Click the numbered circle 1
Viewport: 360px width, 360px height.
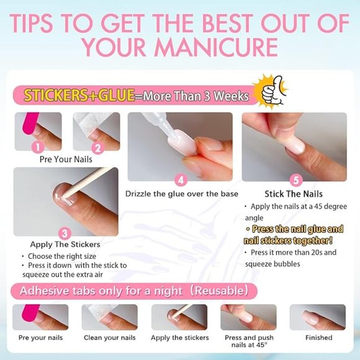coord(38,147)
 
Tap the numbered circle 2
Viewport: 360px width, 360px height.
coord(97,148)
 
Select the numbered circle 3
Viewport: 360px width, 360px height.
coord(65,233)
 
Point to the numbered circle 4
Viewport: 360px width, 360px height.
coord(181,180)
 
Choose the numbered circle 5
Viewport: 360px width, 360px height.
coord(295,180)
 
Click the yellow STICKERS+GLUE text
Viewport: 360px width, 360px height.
coord(79,96)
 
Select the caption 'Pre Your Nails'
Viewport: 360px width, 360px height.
coord(65,160)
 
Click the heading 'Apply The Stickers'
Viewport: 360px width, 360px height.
coord(65,245)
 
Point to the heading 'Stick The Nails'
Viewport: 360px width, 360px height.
coord(294,194)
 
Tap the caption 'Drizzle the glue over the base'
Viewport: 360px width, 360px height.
coord(181,194)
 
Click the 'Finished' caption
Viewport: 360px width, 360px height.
coord(318,338)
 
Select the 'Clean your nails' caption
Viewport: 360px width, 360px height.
coord(109,338)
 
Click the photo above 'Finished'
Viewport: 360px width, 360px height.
coord(318,317)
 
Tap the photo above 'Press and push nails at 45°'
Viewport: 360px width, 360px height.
coord(248,317)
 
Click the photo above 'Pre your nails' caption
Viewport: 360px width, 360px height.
coord(40,317)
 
